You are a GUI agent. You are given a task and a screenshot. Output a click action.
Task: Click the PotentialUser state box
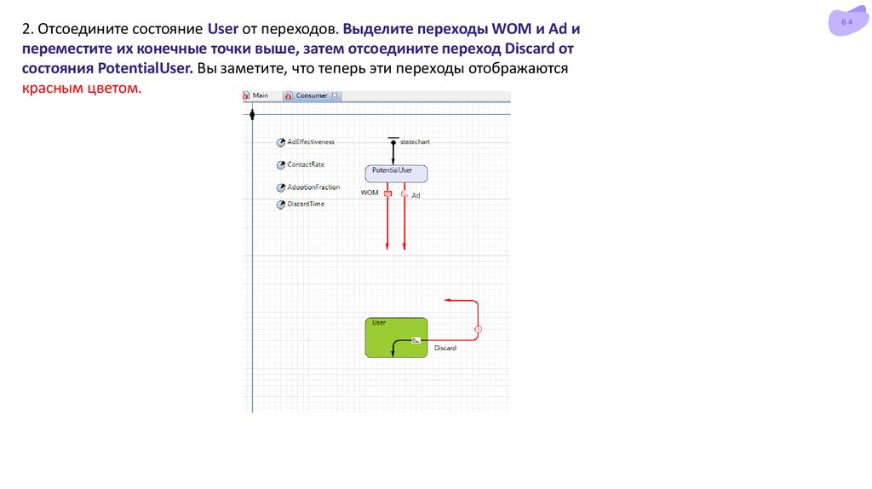coord(396,173)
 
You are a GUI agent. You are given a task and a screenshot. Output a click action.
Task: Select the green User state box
coord(396,337)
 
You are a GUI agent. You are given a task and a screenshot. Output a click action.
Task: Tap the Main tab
coord(260,95)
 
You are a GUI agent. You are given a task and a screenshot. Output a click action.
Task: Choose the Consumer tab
coord(312,95)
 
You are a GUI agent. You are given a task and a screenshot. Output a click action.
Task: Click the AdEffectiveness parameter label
coord(311,141)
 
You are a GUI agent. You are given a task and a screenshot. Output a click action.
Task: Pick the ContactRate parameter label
coord(306,164)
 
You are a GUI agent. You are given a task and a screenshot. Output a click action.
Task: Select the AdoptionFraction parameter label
coord(313,187)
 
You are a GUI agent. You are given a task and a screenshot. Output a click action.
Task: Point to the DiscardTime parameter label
coord(306,204)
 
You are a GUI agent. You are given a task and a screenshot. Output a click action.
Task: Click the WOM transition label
coord(370,193)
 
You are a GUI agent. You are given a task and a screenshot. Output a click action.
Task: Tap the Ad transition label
coord(416,196)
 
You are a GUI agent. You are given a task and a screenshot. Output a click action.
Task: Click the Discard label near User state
coord(445,348)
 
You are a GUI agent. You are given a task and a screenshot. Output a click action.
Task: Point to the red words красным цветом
coord(82,89)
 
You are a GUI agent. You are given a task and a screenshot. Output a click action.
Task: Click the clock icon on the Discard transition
coord(479,329)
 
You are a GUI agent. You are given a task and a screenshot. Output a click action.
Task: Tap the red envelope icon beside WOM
coord(387,193)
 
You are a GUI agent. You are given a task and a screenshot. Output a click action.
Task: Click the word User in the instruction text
coord(223,29)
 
